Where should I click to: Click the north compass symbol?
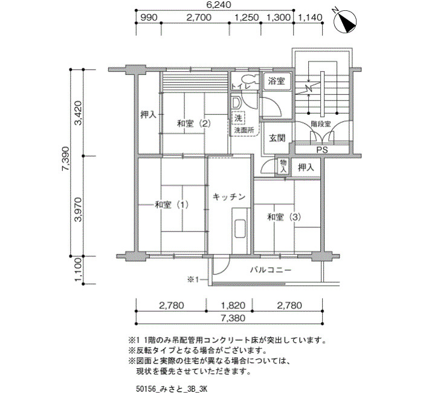pos(345,21)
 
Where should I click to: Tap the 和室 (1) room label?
pos(172,204)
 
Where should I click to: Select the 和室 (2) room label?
pos(193,123)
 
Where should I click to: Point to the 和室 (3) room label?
pos(284,216)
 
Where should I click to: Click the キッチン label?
pos(229,197)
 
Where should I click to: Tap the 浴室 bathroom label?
pos(277,80)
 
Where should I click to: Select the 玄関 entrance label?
pos(277,138)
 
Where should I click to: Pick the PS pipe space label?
pos(322,150)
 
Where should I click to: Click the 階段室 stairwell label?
pos(321,124)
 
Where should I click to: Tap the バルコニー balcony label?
pos(271,270)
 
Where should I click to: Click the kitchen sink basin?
pos(239,229)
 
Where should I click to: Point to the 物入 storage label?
pos(283,166)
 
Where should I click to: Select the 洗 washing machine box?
pos(237,118)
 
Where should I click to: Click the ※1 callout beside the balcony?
pos(193,279)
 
